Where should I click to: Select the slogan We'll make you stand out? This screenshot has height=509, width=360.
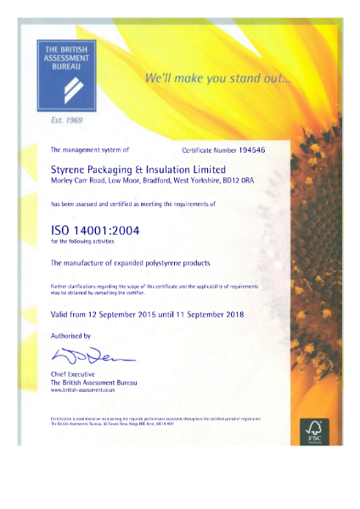click(x=217, y=80)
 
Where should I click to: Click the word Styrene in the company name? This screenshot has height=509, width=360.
click(x=70, y=168)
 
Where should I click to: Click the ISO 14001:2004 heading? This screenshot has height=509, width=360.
click(x=99, y=229)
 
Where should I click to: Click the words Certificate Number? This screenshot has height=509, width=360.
click(x=211, y=149)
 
